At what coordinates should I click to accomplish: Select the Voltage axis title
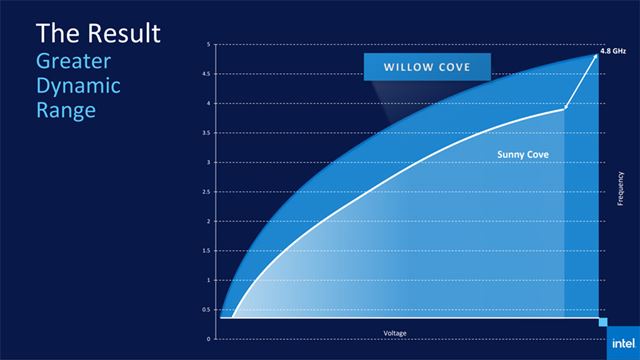(396, 332)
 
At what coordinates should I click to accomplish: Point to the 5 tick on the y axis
(207, 44)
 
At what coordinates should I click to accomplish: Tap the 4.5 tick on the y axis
(206, 73)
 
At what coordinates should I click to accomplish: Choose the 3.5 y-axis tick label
(206, 132)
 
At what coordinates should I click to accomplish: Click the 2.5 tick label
(206, 191)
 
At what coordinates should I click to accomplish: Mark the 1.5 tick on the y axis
(206, 250)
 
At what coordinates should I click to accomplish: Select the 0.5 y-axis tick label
(206, 309)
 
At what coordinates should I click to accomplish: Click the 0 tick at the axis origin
(208, 338)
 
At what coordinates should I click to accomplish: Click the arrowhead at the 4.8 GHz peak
(596, 55)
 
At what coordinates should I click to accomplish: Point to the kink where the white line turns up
(566, 108)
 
